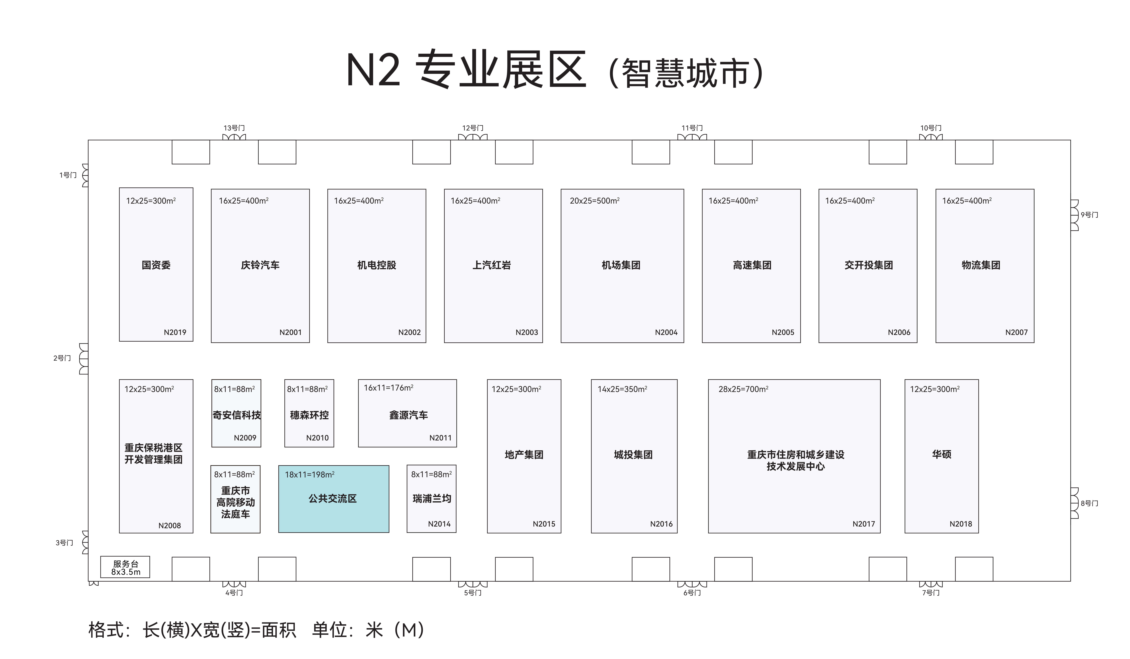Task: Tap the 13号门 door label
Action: click(x=234, y=128)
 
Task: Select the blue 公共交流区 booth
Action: click(x=334, y=499)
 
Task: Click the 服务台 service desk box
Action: click(x=125, y=567)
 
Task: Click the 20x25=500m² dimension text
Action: click(x=595, y=201)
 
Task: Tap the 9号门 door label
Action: click(x=1089, y=215)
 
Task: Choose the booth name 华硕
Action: click(x=942, y=455)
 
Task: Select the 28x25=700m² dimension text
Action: click(x=743, y=389)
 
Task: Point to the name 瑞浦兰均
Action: click(x=432, y=498)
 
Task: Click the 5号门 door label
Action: click(x=473, y=593)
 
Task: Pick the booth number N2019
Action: click(x=175, y=332)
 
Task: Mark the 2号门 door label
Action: click(x=62, y=358)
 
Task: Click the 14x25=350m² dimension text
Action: click(x=622, y=389)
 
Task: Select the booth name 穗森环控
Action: click(x=309, y=415)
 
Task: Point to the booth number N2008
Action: click(x=170, y=525)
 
